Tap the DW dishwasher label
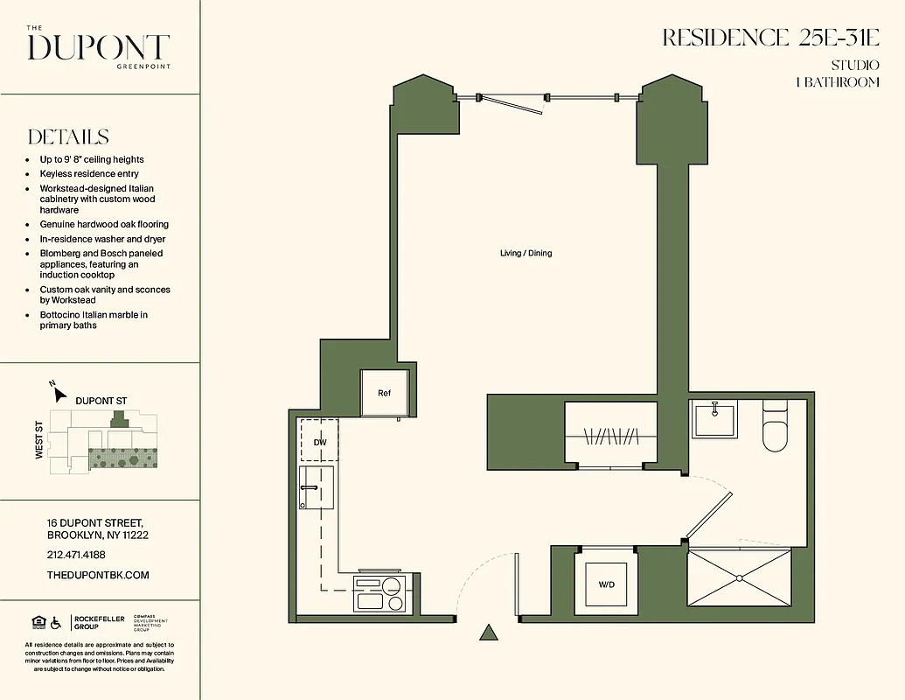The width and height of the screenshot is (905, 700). (x=320, y=443)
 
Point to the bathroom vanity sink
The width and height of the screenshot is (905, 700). (x=714, y=419)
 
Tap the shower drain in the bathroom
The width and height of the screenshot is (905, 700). (x=740, y=577)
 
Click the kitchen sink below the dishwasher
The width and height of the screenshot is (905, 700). (x=317, y=487)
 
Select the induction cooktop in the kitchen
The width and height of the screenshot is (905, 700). (x=379, y=594)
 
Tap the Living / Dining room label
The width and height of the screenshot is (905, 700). (x=526, y=254)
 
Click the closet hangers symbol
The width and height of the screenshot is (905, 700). (x=611, y=435)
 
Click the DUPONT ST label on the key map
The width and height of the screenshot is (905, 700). (x=101, y=401)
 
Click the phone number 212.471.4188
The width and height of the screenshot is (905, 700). (x=75, y=555)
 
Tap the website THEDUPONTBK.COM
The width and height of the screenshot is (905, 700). (x=98, y=575)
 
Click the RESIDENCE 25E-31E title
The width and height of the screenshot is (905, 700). (x=770, y=38)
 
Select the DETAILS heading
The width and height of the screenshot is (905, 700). (x=68, y=137)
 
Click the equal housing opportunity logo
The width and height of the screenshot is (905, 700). (x=38, y=622)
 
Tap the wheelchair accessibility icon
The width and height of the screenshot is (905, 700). (x=56, y=622)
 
